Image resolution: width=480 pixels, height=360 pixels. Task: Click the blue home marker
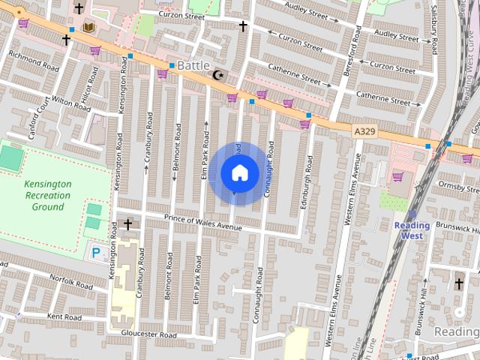point(239,173)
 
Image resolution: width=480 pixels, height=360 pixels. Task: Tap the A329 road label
point(364,130)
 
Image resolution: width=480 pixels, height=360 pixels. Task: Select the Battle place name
point(193,66)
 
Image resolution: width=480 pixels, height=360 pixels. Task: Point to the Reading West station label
point(412,230)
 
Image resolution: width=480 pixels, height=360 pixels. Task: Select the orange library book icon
point(88,28)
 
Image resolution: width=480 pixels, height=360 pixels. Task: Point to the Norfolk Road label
point(71,281)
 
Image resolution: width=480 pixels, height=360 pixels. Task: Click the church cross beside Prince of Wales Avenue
point(128,223)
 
